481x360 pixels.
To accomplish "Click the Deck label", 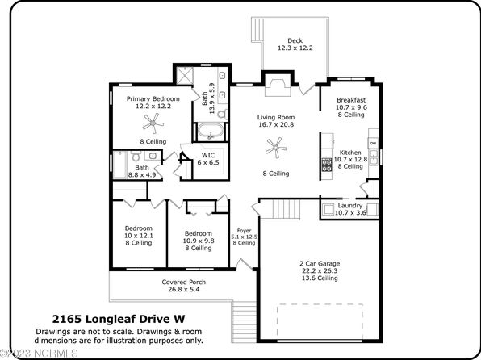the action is click(295, 40).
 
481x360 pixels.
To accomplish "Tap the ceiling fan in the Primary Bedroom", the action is click(153, 123).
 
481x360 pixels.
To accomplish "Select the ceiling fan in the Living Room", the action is click(276, 148).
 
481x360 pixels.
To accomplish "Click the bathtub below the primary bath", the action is click(211, 132).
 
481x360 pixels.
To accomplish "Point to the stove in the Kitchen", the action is click(326, 164).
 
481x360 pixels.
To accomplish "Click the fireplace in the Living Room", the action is click(278, 87).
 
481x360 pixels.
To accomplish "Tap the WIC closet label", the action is click(208, 155).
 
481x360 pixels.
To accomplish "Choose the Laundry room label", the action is click(350, 206).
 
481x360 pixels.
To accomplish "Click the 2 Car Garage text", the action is click(320, 263).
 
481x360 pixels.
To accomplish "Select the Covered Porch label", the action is click(184, 282).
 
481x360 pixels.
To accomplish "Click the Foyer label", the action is click(245, 231).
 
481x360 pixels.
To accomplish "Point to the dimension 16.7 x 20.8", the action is click(276, 124).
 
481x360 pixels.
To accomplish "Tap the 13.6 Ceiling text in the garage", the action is click(320, 278).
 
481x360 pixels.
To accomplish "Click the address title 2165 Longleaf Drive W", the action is click(119, 319).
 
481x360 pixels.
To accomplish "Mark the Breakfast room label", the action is click(351, 100).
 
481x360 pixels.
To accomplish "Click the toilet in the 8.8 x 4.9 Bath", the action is click(136, 156).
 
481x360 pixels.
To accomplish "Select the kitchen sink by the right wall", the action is click(374, 157).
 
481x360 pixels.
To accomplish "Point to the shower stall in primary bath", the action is click(185, 75).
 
